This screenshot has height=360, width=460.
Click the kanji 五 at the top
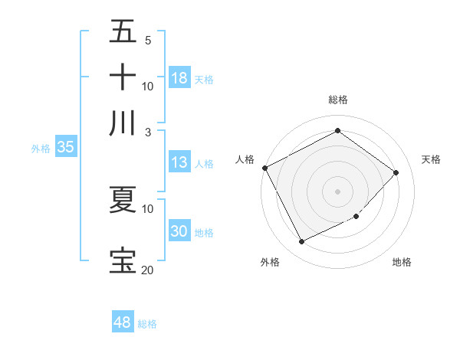tap(123, 33)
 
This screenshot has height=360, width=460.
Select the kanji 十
tap(123, 78)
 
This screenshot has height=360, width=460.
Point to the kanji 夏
tap(123, 200)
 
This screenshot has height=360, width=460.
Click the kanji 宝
tap(123, 260)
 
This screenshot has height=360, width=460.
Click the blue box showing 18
tap(179, 78)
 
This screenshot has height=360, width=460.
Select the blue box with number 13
tap(179, 162)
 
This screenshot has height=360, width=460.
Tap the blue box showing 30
tap(179, 232)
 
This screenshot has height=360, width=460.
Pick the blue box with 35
tap(65, 148)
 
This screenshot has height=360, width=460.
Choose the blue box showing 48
tap(123, 322)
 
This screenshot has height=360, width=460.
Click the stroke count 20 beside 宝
tap(147, 270)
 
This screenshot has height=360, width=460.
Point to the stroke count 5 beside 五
tap(147, 41)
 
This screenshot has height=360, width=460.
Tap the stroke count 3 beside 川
tap(147, 132)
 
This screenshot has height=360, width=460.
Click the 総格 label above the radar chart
tap(338, 100)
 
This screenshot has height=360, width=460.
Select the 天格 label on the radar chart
tap(432, 159)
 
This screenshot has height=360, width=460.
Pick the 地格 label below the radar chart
tap(402, 262)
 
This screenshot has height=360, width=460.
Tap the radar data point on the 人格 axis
tap(264, 168)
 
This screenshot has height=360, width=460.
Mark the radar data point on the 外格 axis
tap(301, 242)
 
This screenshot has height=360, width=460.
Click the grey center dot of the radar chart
tap(338, 191)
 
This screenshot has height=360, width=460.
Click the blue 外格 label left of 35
tap(40, 149)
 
